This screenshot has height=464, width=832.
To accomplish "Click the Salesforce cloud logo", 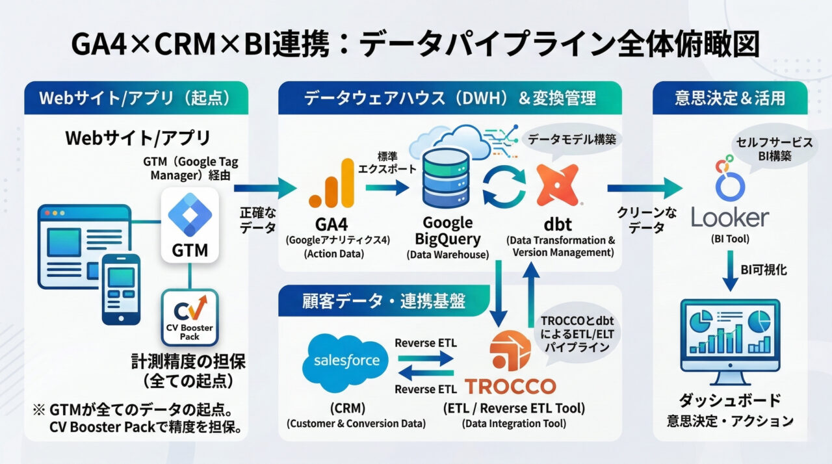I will [x=344, y=361].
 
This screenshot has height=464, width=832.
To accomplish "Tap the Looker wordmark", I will [x=730, y=218].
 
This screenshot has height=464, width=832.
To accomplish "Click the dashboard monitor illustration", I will [x=729, y=341].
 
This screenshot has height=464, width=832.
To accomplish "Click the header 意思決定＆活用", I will [x=729, y=98].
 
